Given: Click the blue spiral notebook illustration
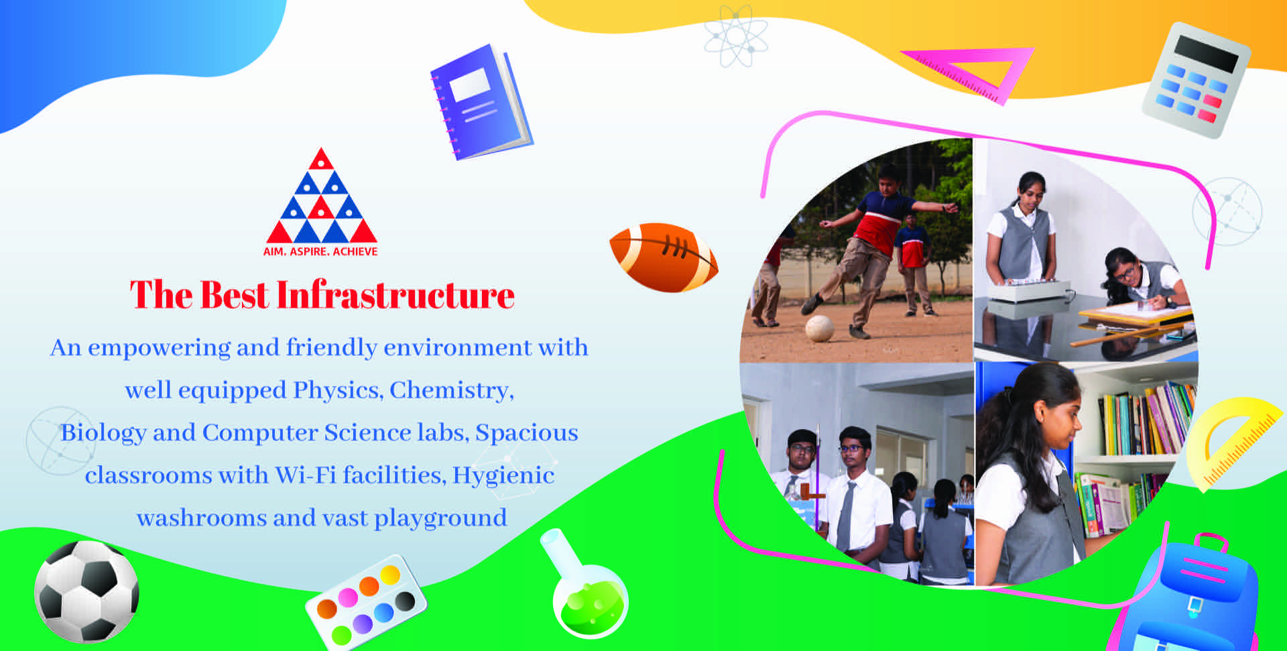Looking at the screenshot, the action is [481, 102].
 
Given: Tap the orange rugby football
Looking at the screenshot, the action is [663, 257].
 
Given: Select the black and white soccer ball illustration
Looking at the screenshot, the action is [86, 591].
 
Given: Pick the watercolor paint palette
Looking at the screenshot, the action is [365, 601].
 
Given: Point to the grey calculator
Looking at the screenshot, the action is [1196, 80].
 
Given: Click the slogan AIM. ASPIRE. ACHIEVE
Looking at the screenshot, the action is [320, 251].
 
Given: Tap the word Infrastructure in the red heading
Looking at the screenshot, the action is [395, 295].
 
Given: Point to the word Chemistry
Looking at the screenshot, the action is [452, 390].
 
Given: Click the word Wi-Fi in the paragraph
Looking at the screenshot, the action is [306, 475].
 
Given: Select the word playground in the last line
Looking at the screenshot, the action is [440, 518].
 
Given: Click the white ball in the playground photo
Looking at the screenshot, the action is [819, 329].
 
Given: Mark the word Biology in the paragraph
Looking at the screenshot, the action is [103, 433].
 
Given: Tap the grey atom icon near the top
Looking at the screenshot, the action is [736, 36].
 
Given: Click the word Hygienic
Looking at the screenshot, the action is [503, 475].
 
